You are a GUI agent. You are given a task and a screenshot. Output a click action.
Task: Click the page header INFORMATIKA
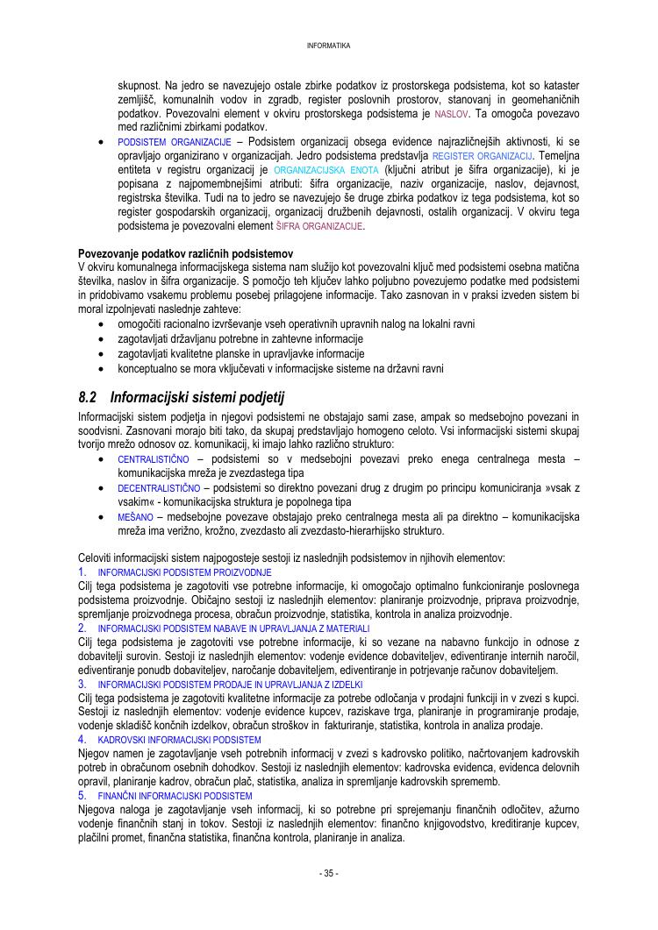click(329, 46)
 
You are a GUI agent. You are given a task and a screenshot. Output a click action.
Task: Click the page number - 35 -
click(329, 873)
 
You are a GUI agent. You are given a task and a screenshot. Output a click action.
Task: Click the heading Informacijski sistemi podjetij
click(197, 397)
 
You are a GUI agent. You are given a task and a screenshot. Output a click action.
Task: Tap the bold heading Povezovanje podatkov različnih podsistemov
click(185, 253)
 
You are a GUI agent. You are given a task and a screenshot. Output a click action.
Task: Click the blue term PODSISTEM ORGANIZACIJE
click(174, 141)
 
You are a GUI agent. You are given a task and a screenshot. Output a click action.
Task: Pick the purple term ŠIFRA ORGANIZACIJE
click(319, 226)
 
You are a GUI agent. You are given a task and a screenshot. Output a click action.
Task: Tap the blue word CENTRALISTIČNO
click(154, 459)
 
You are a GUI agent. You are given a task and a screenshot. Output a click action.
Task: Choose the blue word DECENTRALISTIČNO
click(159, 488)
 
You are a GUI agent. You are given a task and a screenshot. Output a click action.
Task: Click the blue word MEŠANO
click(136, 517)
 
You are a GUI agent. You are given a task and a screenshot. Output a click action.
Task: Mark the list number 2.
click(82, 628)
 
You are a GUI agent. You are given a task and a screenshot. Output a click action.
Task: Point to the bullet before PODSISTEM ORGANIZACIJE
click(104, 141)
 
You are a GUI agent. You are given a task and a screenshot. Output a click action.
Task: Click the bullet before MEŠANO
click(104, 517)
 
